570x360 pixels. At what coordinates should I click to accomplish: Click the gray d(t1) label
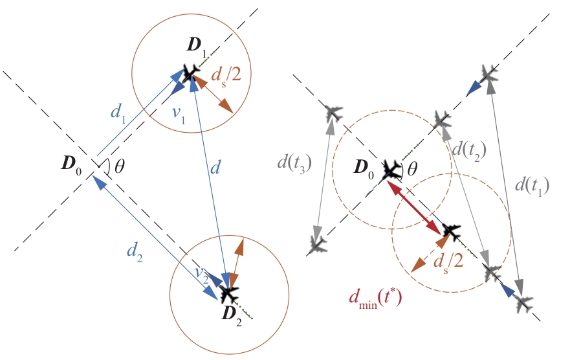click(x=531, y=186)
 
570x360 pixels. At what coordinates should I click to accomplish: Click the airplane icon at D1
click(x=190, y=73)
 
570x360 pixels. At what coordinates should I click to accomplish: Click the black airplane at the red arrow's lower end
click(x=450, y=231)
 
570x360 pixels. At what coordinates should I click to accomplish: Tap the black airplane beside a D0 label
click(x=391, y=171)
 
